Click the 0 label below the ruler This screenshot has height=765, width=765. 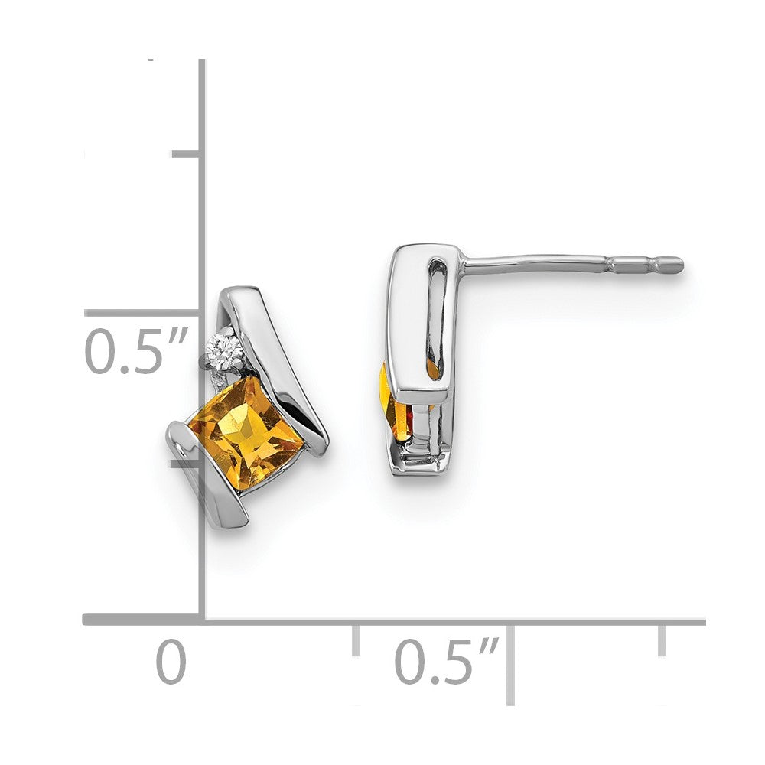pos(171,662)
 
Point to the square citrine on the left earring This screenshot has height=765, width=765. pos(246,433)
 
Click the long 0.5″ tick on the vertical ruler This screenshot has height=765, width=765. pos(142,313)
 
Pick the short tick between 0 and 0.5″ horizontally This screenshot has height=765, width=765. pos(356,639)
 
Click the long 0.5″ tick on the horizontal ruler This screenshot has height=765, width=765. pos(509,662)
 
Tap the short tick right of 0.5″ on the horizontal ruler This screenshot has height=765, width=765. pos(661,639)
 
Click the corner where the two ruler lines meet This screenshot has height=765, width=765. pos(203,620)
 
